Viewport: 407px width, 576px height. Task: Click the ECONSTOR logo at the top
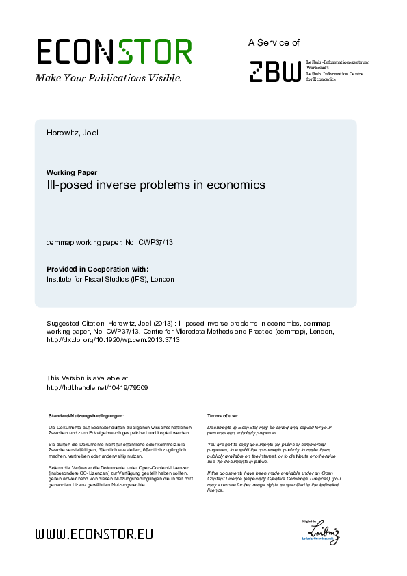pos(114,51)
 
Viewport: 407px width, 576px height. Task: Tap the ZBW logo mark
pos(274,71)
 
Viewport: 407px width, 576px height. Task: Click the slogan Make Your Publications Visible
pos(108,78)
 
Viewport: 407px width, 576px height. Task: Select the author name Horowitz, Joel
pos(73,133)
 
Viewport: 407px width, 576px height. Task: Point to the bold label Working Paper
pos(70,172)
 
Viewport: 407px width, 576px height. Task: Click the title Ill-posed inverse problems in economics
pos(155,185)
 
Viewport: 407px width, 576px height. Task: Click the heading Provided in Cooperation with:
pos(97,270)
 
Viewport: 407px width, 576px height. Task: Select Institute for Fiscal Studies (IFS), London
pos(110,280)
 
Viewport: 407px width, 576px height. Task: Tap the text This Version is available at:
pos(88,378)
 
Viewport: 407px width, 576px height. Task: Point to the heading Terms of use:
pos(222,416)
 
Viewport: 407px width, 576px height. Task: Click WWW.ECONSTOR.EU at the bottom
pos(94,534)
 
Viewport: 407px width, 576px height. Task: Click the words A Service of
pos(274,43)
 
